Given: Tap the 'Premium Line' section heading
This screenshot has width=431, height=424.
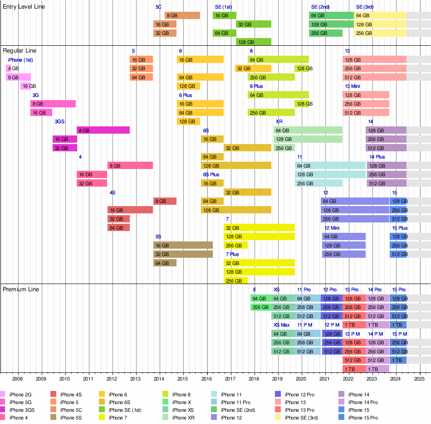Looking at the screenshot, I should (21, 289).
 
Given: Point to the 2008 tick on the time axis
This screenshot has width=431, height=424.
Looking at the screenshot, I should (17, 378).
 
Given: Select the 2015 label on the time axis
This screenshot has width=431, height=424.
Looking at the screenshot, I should (183, 378).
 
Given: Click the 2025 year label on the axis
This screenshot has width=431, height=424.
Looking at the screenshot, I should (419, 378).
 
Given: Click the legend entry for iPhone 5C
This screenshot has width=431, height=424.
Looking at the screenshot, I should (72, 410).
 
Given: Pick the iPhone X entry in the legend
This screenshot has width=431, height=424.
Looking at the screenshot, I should (183, 402).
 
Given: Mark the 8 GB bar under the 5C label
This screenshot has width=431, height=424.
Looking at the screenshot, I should (182, 15).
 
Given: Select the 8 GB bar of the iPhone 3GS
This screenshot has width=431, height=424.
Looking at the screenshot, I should (103, 130).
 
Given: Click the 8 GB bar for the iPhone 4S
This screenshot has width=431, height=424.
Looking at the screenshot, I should (165, 201).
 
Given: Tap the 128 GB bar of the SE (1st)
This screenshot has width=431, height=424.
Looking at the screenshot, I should (253, 42).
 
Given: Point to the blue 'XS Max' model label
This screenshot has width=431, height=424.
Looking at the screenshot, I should (281, 325).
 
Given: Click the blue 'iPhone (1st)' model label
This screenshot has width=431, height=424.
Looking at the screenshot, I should (20, 60).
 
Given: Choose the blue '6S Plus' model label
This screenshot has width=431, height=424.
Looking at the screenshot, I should (211, 174).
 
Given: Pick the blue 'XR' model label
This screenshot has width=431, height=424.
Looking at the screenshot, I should (279, 121).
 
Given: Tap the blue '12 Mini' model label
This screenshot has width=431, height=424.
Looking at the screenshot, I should (332, 228).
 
